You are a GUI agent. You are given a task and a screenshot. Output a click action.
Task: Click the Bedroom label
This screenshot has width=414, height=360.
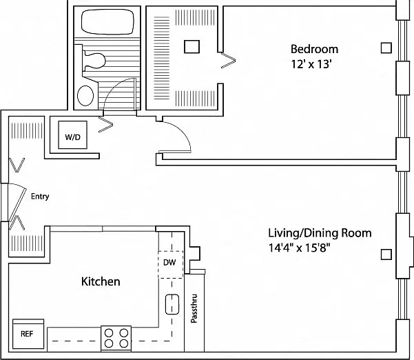click(x=314, y=49)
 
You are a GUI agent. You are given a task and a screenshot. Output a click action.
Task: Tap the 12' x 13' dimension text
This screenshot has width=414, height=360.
click(x=311, y=64)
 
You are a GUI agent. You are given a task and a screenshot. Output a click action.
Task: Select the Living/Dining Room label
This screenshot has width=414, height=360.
click(x=320, y=233)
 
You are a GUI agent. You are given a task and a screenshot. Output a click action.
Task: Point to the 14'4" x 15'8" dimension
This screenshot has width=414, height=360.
click(x=300, y=248)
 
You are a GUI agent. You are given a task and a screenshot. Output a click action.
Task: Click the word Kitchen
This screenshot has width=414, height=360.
click(x=101, y=281)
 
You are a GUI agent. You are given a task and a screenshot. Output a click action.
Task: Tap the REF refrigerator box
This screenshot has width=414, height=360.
click(x=28, y=334)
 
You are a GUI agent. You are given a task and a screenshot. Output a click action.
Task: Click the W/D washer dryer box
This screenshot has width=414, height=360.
click(x=72, y=134)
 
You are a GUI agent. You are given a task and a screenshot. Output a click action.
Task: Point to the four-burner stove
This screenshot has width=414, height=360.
click(x=116, y=339)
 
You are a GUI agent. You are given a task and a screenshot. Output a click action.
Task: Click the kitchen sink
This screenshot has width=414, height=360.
click(x=172, y=304)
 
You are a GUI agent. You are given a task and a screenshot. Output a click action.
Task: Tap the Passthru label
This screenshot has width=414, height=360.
click(x=194, y=308)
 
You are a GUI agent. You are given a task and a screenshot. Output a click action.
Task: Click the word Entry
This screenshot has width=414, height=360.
click(x=40, y=197)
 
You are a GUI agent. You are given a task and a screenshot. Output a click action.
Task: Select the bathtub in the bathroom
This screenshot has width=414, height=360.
click(x=107, y=22)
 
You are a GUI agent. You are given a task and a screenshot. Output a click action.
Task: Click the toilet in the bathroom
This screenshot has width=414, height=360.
click(x=94, y=61)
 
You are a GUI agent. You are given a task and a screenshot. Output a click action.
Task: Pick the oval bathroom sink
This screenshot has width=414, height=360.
click(x=85, y=95)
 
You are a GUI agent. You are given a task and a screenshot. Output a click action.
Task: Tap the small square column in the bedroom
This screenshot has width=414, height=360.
click(x=386, y=48)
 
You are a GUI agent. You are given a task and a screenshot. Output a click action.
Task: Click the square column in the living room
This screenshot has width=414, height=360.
click(x=386, y=254)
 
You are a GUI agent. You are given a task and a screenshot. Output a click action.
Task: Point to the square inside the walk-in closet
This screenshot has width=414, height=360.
click(x=192, y=46)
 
